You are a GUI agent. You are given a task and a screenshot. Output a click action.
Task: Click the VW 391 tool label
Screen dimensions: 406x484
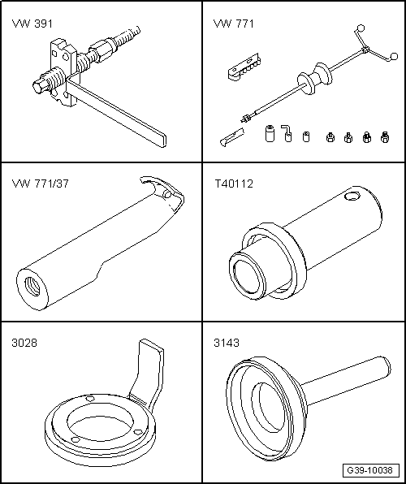tap(32, 24)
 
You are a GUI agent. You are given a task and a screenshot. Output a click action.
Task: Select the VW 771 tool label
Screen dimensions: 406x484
tap(233, 24)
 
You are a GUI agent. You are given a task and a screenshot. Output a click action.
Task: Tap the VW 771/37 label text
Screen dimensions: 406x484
tap(40, 184)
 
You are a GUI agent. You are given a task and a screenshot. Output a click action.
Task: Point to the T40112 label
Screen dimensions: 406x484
tap(234, 184)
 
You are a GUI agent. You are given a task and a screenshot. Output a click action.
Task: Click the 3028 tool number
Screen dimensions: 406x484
tap(24, 343)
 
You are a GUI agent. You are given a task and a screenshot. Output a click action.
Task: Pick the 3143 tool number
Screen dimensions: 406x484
tap(227, 343)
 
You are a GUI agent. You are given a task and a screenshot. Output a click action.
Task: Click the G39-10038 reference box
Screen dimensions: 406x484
tap(370, 470)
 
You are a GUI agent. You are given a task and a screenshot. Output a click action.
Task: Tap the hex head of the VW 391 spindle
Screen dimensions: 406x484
tap(39, 86)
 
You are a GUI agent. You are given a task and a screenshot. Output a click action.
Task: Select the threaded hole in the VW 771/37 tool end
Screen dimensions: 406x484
tap(32, 287)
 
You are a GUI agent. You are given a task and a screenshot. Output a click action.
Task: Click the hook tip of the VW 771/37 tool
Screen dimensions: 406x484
tap(143, 179)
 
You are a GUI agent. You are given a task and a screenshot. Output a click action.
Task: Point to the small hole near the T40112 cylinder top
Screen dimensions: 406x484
tap(352, 196)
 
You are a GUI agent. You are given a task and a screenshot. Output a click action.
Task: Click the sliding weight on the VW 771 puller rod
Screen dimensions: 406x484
tap(315, 79)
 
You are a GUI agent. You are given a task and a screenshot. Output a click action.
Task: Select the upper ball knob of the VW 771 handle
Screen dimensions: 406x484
tap(361, 28)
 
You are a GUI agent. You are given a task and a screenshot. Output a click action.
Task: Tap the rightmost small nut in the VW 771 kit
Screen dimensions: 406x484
tap(384, 137)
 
